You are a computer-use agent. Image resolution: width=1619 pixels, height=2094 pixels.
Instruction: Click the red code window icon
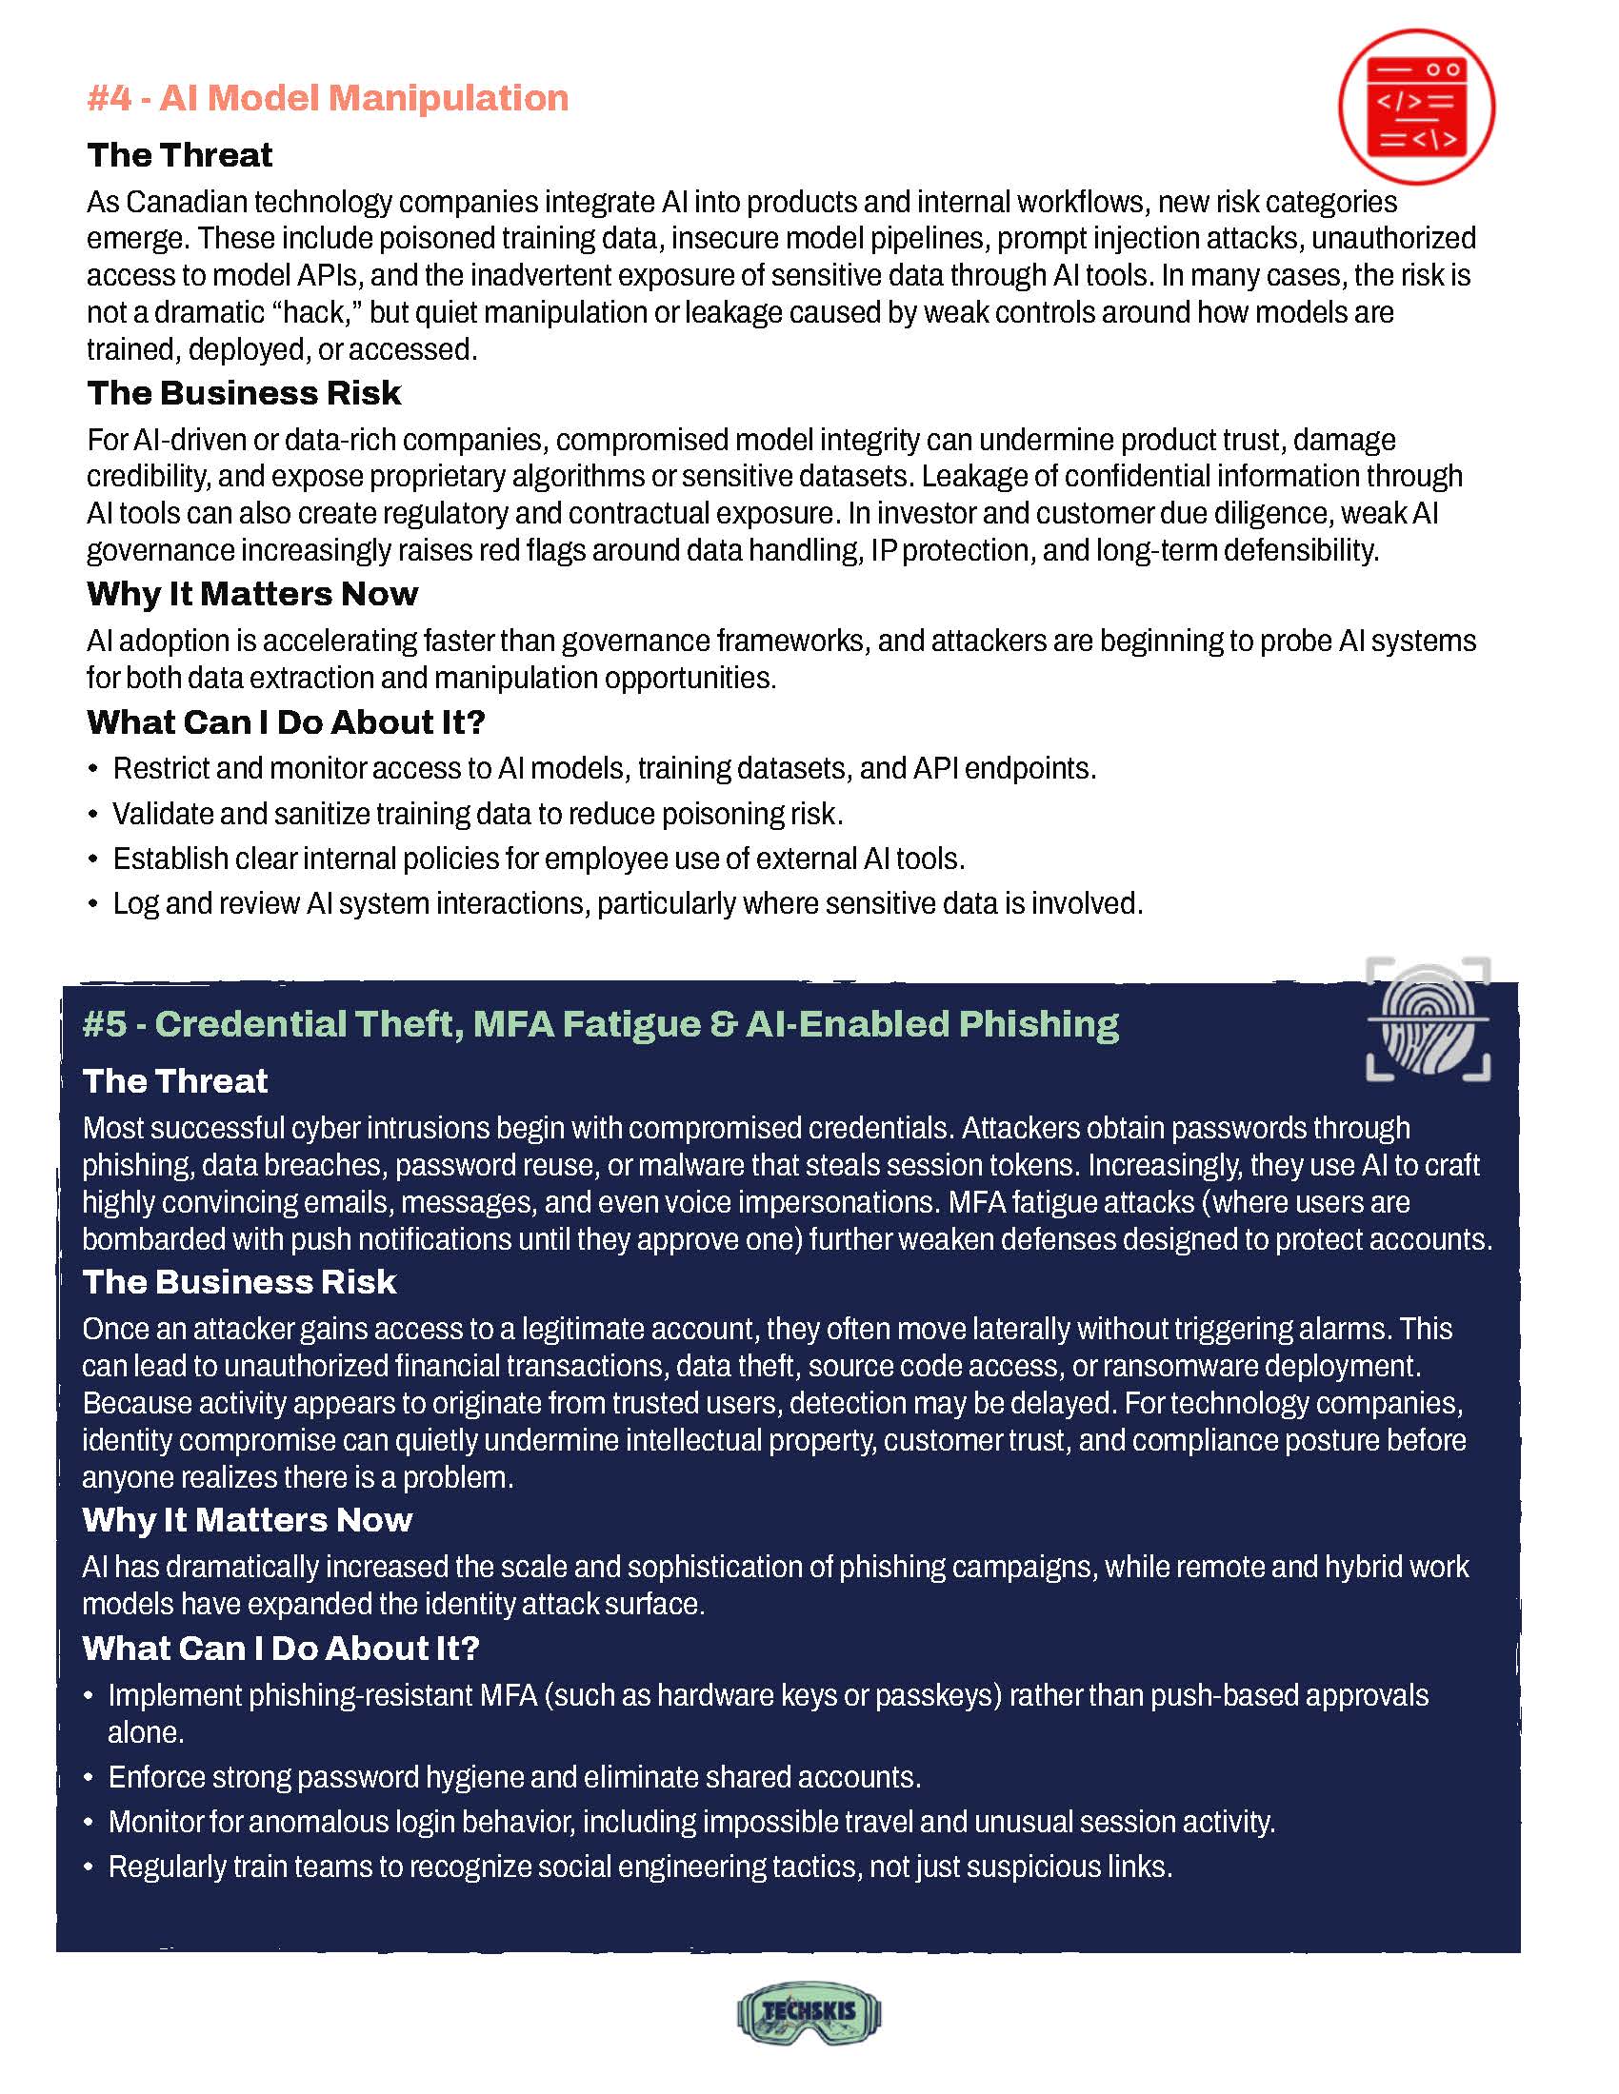pos(1415,107)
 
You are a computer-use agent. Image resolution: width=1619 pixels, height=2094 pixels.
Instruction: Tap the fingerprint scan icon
pos(1429,1020)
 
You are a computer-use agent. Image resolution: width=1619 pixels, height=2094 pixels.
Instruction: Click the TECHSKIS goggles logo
pos(809,2012)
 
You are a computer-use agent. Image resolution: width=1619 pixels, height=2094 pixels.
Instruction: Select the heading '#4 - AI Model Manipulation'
pos(327,98)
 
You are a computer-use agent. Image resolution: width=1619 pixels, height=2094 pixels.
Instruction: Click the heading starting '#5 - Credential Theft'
pos(600,1024)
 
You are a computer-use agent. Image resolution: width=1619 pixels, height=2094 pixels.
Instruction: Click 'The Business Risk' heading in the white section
pos(244,393)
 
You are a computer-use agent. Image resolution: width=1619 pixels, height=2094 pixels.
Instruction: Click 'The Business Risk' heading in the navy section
pos(239,1282)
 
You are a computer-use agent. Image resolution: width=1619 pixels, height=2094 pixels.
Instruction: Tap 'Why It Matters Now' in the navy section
pos(247,1520)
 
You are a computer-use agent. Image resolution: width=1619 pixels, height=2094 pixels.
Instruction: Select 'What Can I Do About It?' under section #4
pos(286,722)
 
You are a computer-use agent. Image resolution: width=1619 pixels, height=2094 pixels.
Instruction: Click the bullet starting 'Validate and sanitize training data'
pos(478,814)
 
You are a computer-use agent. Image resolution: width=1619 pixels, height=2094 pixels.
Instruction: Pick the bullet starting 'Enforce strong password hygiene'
pos(514,1777)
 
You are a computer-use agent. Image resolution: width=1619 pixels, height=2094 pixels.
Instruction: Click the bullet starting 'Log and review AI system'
pos(628,903)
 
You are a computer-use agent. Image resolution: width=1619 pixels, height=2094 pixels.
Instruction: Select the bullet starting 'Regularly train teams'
pos(640,1867)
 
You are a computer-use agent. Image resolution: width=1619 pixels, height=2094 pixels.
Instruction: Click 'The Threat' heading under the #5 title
pos(174,1081)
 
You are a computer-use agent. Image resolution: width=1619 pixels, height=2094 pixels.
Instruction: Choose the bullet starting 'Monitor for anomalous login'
pos(690,1822)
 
